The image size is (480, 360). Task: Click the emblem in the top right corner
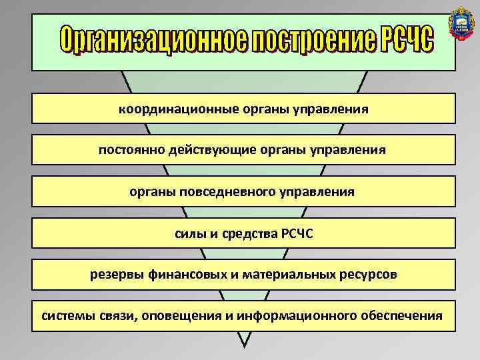pos(461,22)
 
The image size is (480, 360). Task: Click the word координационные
pos(171,108)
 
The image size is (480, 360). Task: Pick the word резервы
pos(115,274)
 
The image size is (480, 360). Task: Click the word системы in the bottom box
pos(65,315)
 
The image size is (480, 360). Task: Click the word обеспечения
pos(403,315)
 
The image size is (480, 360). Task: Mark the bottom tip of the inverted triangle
pos(245,347)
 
